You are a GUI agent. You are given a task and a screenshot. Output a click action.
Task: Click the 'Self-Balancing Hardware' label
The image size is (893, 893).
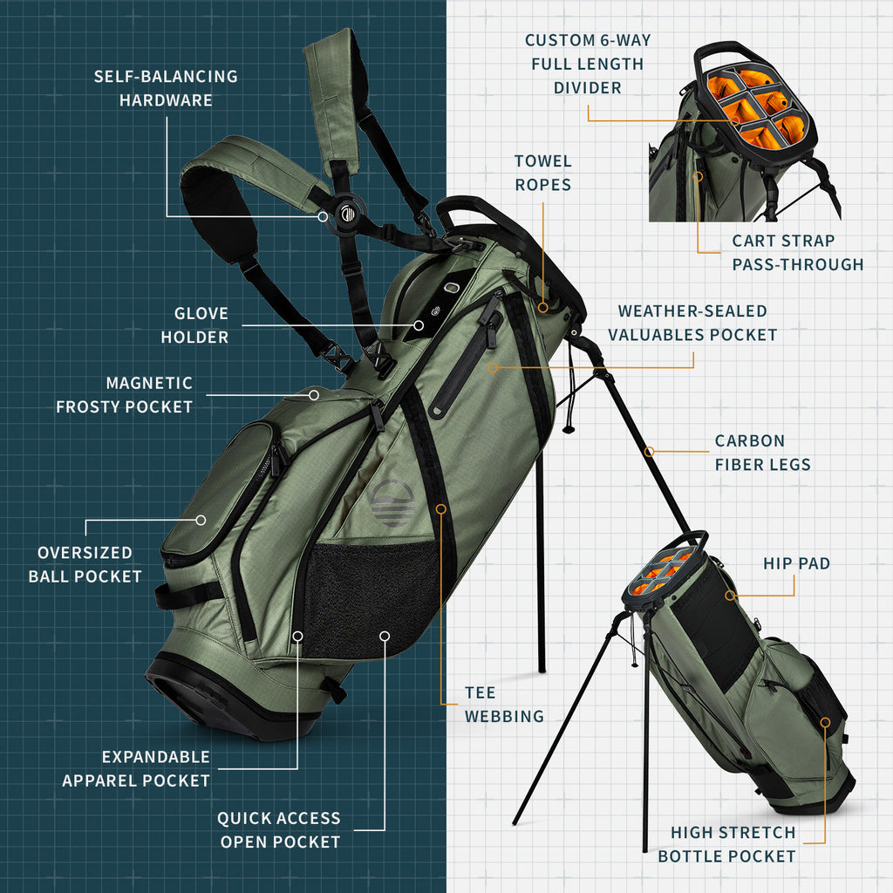[x=166, y=88]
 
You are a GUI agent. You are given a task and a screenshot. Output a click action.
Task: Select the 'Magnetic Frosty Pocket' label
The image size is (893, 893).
[x=124, y=395]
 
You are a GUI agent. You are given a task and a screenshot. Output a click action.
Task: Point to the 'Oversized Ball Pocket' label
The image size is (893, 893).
[x=85, y=564]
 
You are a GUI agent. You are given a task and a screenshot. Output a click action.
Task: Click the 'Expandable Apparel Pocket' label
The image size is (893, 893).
[x=136, y=768]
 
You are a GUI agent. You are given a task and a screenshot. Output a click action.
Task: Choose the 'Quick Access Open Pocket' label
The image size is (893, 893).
[x=278, y=829]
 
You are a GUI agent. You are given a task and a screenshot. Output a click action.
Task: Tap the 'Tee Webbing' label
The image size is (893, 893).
[x=503, y=705]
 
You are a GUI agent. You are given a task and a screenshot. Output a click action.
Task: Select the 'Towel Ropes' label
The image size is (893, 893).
[x=542, y=173]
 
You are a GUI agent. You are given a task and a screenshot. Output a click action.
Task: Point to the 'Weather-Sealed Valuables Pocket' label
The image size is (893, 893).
[x=692, y=323]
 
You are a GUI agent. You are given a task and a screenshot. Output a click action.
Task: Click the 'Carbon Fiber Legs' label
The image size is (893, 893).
[x=762, y=453]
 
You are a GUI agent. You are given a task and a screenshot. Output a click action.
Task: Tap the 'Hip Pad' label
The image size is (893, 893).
[x=796, y=563]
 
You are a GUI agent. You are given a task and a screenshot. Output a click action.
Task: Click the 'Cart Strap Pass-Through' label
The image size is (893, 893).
[x=797, y=252]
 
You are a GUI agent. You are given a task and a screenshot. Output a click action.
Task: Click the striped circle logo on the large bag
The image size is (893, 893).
[x=391, y=505]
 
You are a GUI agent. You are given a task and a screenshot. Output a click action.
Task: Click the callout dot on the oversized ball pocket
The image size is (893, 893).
[x=201, y=520]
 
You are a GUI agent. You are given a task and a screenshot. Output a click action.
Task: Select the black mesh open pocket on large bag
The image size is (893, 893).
[x=371, y=593]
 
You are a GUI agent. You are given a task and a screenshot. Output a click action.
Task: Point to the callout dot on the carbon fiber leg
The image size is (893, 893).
[x=649, y=452]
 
